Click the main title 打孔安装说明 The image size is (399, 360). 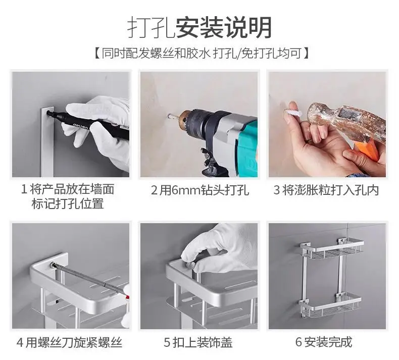[x=199, y=27]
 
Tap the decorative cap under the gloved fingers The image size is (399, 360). [x=190, y=266]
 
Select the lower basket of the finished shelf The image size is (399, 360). [x=329, y=305]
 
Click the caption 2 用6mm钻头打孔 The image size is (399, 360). [x=200, y=190]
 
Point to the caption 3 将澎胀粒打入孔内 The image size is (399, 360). [x=326, y=190]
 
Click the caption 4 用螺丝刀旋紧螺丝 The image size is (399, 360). [x=69, y=342]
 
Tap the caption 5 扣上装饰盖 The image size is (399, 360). [x=198, y=342]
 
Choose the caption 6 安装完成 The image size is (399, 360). [x=324, y=342]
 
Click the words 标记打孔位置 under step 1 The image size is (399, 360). [x=68, y=204]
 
